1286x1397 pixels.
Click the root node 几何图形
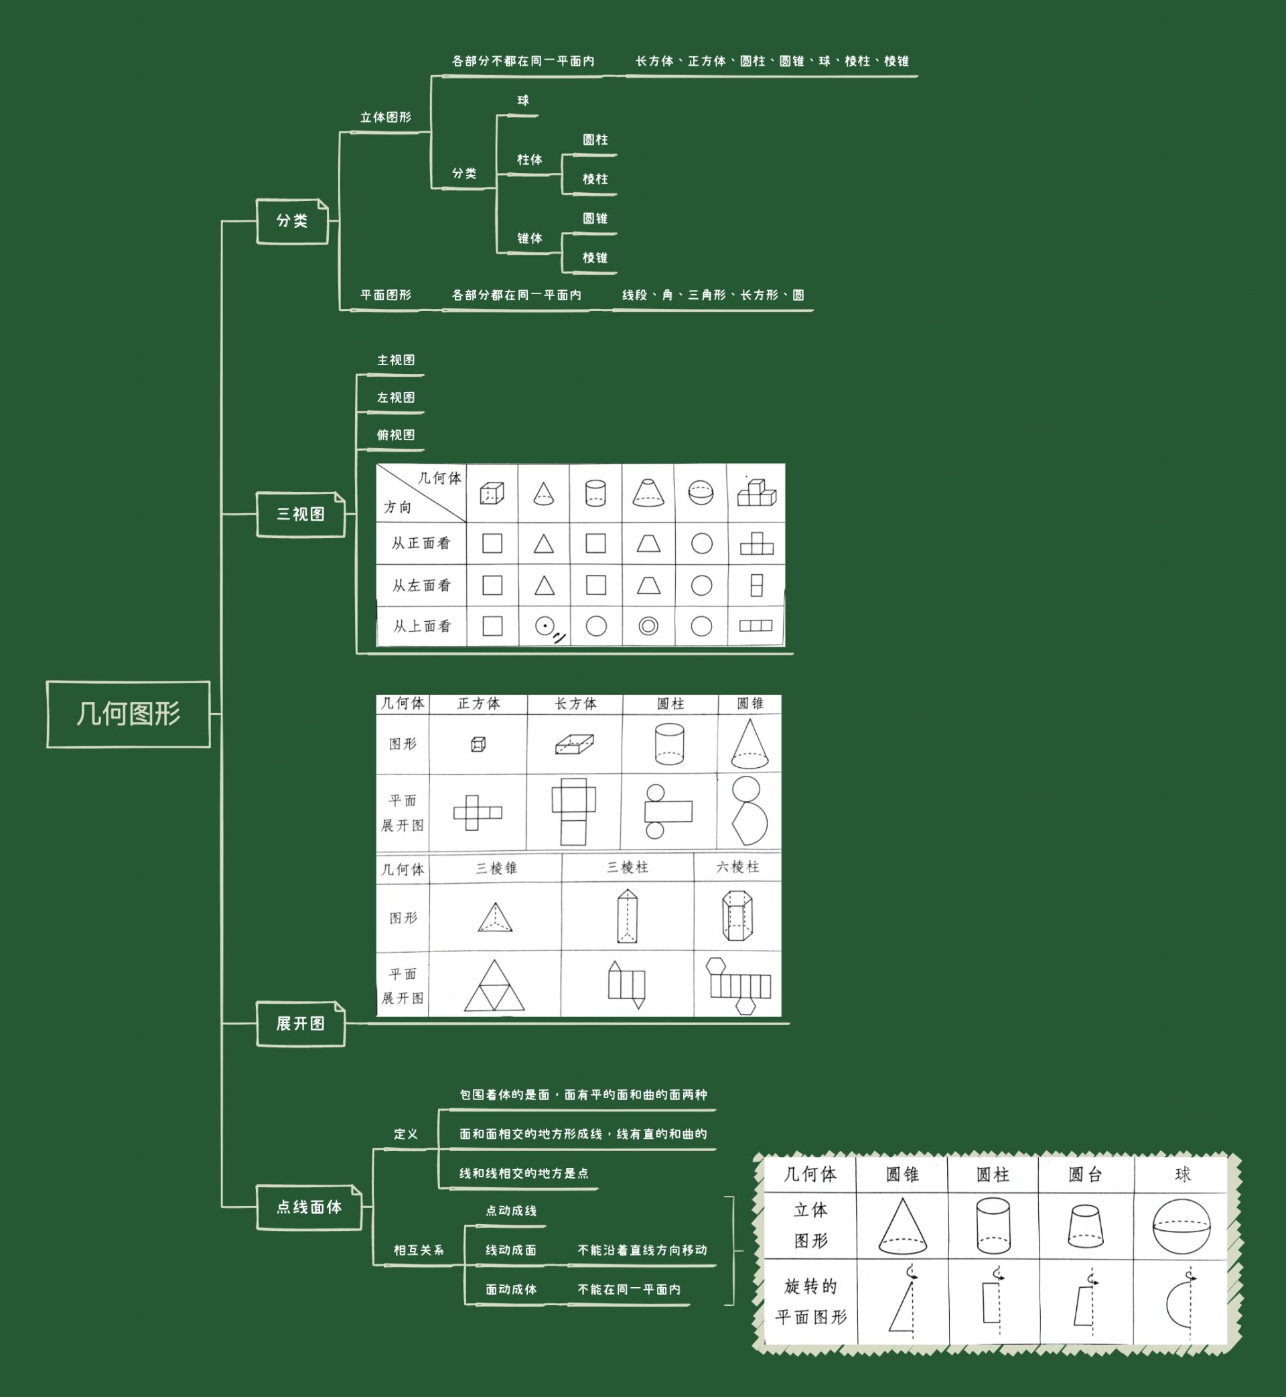tap(128, 714)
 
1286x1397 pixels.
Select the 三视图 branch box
tap(301, 515)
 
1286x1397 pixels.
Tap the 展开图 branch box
tap(301, 1023)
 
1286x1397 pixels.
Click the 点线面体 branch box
tap(309, 1207)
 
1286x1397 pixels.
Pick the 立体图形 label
tap(386, 118)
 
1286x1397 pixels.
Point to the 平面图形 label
tap(386, 295)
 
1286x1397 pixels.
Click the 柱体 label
tap(530, 160)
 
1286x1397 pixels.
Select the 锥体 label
tap(530, 239)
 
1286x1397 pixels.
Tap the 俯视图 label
tap(396, 435)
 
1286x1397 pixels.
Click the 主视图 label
tap(396, 360)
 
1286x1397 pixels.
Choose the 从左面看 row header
tap(422, 586)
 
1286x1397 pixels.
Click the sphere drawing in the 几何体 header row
tap(701, 493)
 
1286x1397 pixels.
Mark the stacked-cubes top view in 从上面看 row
tap(756, 626)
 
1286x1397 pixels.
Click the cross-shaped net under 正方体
tap(478, 812)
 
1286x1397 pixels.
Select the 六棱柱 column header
tap(737, 866)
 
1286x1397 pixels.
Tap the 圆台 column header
tap(1086, 1175)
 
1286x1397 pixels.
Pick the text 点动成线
tap(512, 1211)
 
